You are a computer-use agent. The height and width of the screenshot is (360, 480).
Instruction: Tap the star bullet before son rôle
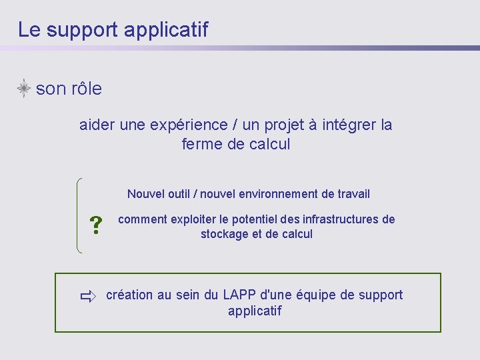coord(24,89)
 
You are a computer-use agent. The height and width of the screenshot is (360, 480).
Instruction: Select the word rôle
coord(86,89)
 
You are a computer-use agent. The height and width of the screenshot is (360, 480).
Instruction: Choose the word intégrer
coord(349,125)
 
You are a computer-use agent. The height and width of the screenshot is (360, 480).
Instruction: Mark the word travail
coord(352,194)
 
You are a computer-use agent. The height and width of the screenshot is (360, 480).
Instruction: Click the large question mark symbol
coord(96,227)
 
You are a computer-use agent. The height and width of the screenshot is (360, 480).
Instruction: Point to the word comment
coord(142,219)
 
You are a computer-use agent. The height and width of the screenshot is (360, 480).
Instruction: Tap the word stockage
coord(224,234)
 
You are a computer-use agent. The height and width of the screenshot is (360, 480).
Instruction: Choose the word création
coord(129,295)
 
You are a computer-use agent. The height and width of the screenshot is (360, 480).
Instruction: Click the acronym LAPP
coord(239,295)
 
